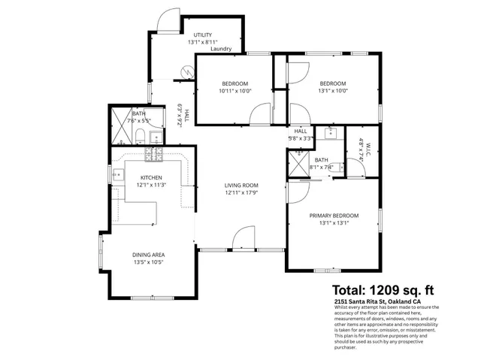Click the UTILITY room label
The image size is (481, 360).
[x=202, y=35]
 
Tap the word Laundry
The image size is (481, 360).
[x=221, y=50]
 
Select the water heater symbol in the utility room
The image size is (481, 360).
[x=186, y=73]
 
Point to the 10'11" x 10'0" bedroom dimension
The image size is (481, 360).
[x=234, y=92]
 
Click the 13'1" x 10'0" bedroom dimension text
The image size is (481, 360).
[x=332, y=92]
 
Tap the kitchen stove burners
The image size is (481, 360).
[x=155, y=156]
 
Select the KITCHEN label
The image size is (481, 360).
[x=151, y=177]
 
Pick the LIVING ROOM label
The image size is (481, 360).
[x=241, y=185]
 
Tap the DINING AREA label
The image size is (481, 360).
[x=148, y=254]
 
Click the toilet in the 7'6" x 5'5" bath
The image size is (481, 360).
[x=141, y=135]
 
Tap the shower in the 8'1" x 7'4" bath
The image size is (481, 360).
[x=298, y=165]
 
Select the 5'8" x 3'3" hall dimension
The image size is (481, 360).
[x=301, y=138]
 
